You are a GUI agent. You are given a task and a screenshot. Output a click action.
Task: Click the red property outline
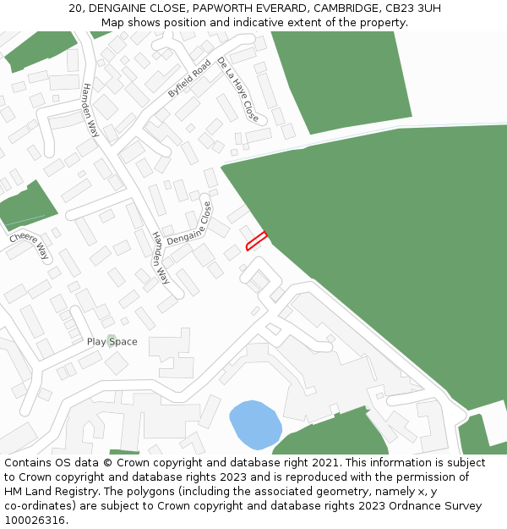click(256, 241)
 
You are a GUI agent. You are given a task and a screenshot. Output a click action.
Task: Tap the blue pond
click(255, 424)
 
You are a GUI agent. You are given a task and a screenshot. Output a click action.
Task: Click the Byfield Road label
click(188, 79)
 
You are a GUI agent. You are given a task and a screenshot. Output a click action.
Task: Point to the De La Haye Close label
click(237, 88)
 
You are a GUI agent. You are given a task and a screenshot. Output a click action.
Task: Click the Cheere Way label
click(30, 246)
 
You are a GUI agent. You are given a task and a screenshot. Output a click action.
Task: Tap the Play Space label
click(112, 342)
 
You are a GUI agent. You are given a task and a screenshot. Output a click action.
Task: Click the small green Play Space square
click(112, 340)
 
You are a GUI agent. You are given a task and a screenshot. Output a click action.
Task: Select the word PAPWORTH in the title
click(223, 8)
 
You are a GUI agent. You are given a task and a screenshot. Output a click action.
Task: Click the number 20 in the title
click(75, 8)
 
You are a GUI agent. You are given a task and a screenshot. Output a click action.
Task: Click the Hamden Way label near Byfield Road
click(90, 110)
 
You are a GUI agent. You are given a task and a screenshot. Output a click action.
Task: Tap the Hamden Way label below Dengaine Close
click(161, 259)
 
